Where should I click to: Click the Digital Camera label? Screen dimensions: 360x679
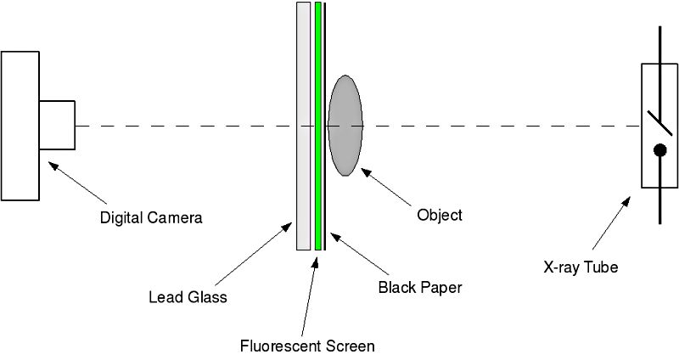point(151,217)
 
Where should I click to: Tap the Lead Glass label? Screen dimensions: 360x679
point(188,297)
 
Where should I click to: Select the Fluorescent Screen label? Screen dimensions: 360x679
point(306,346)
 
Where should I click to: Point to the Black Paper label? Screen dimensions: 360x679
point(419,287)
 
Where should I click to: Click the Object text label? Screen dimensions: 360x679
point(440,215)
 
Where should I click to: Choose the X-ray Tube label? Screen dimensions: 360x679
point(581,267)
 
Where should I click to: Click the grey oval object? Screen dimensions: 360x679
point(345,126)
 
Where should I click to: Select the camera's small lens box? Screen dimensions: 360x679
point(57,126)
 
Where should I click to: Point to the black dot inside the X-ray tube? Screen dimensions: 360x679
point(659,151)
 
